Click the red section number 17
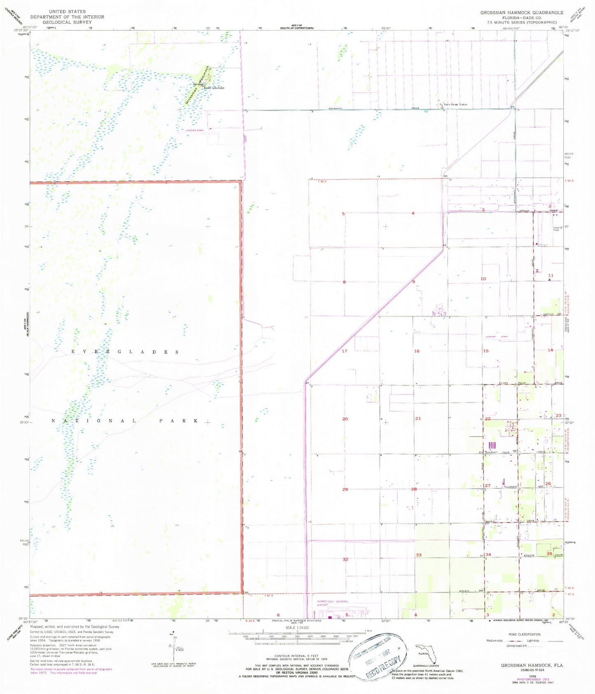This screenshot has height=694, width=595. (x=345, y=351)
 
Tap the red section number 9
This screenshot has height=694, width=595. (x=413, y=282)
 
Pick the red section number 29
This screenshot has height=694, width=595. (x=345, y=489)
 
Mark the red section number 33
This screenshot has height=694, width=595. (x=418, y=555)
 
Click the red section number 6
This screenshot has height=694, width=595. (x=278, y=615)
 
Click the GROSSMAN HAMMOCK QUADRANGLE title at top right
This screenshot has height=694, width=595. (x=522, y=13)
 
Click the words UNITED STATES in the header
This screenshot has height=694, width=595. (x=67, y=12)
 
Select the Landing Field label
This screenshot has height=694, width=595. (x=558, y=229)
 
